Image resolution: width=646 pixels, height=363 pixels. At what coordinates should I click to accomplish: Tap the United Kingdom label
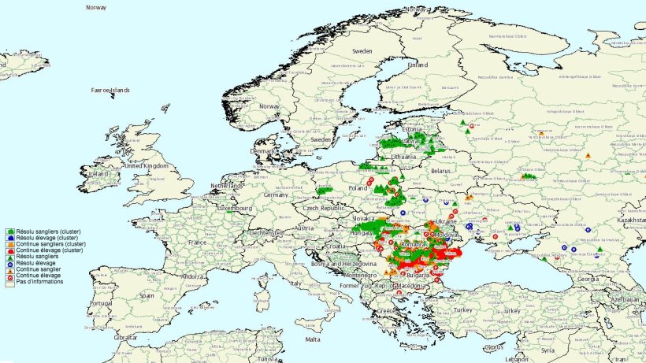(x=147, y=166)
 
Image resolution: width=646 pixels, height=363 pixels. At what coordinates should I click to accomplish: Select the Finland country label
(x=418, y=65)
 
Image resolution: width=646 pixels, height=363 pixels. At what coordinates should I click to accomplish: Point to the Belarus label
(x=446, y=169)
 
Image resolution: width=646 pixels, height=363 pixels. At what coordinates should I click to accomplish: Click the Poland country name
(x=358, y=189)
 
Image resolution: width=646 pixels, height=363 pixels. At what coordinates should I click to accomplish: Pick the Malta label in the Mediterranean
(x=313, y=339)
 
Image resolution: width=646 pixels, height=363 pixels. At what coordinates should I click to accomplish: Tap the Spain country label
(x=147, y=295)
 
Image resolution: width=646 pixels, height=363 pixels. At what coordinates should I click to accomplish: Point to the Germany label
(x=277, y=194)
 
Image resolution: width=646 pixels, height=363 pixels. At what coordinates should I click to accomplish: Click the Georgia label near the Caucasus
(x=585, y=279)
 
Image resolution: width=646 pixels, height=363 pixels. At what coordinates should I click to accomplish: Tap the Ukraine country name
(x=446, y=222)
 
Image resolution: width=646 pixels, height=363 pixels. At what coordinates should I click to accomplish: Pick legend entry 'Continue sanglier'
(x=39, y=269)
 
